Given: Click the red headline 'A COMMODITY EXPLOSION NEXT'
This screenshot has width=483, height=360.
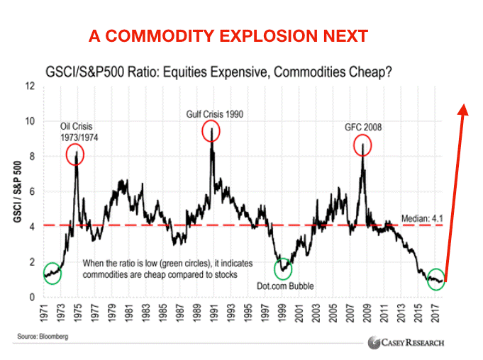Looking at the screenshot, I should click(228, 35).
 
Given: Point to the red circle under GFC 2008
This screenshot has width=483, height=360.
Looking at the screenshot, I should click(363, 145).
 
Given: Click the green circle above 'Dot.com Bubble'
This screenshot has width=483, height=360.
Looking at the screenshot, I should click(284, 270).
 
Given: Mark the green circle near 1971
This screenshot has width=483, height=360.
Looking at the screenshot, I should click(52, 272).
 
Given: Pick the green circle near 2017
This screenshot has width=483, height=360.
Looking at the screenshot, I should click(436, 280).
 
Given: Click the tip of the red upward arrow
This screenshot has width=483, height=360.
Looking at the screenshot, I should click(464, 106).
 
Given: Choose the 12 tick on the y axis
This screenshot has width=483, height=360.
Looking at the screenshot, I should click(30, 86).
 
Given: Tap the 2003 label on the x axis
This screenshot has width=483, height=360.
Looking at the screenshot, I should click(310, 313).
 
